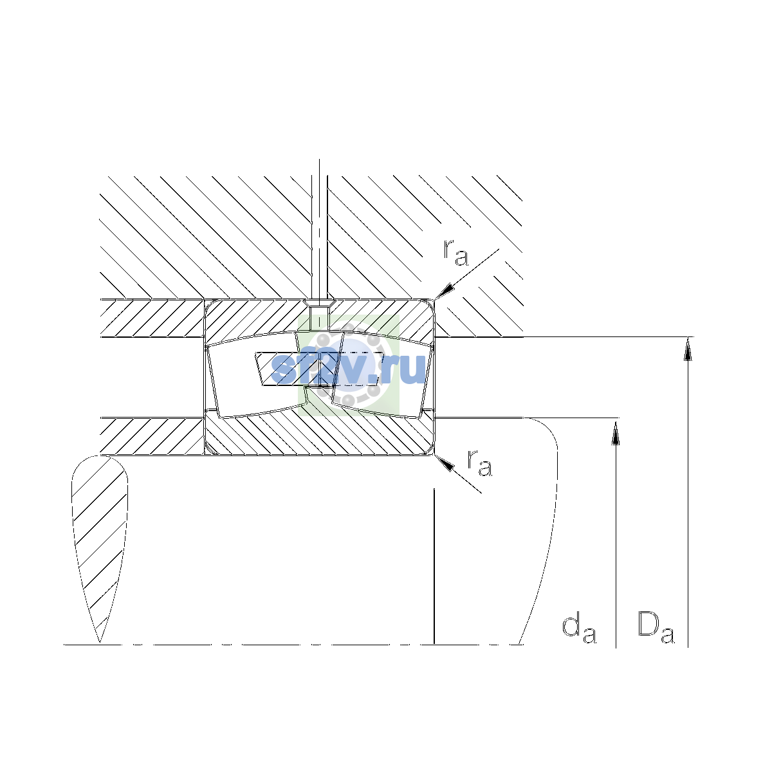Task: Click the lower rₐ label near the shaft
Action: [479, 463]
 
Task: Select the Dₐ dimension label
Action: [656, 628]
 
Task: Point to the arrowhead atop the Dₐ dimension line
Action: [688, 349]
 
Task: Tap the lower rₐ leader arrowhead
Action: [445, 463]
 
